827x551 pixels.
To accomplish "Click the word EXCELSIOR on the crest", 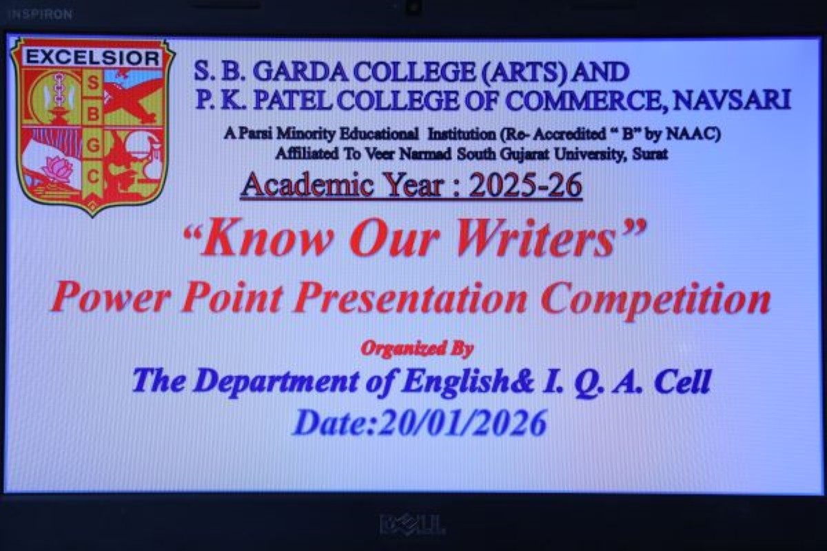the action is pyautogui.click(x=93, y=58).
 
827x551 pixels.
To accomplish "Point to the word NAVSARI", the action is pyautogui.click(x=732, y=100).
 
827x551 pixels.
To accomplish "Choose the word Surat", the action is pyautogui.click(x=650, y=154).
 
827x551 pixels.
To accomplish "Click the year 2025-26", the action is pyautogui.click(x=525, y=185).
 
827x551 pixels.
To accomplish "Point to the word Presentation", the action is pyautogui.click(x=411, y=300).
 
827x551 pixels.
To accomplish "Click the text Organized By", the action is pyautogui.click(x=417, y=349).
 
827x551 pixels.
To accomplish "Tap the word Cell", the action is pyautogui.click(x=682, y=382).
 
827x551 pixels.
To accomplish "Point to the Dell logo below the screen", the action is pyautogui.click(x=412, y=524).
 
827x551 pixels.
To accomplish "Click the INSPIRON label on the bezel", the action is pyautogui.click(x=40, y=14).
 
